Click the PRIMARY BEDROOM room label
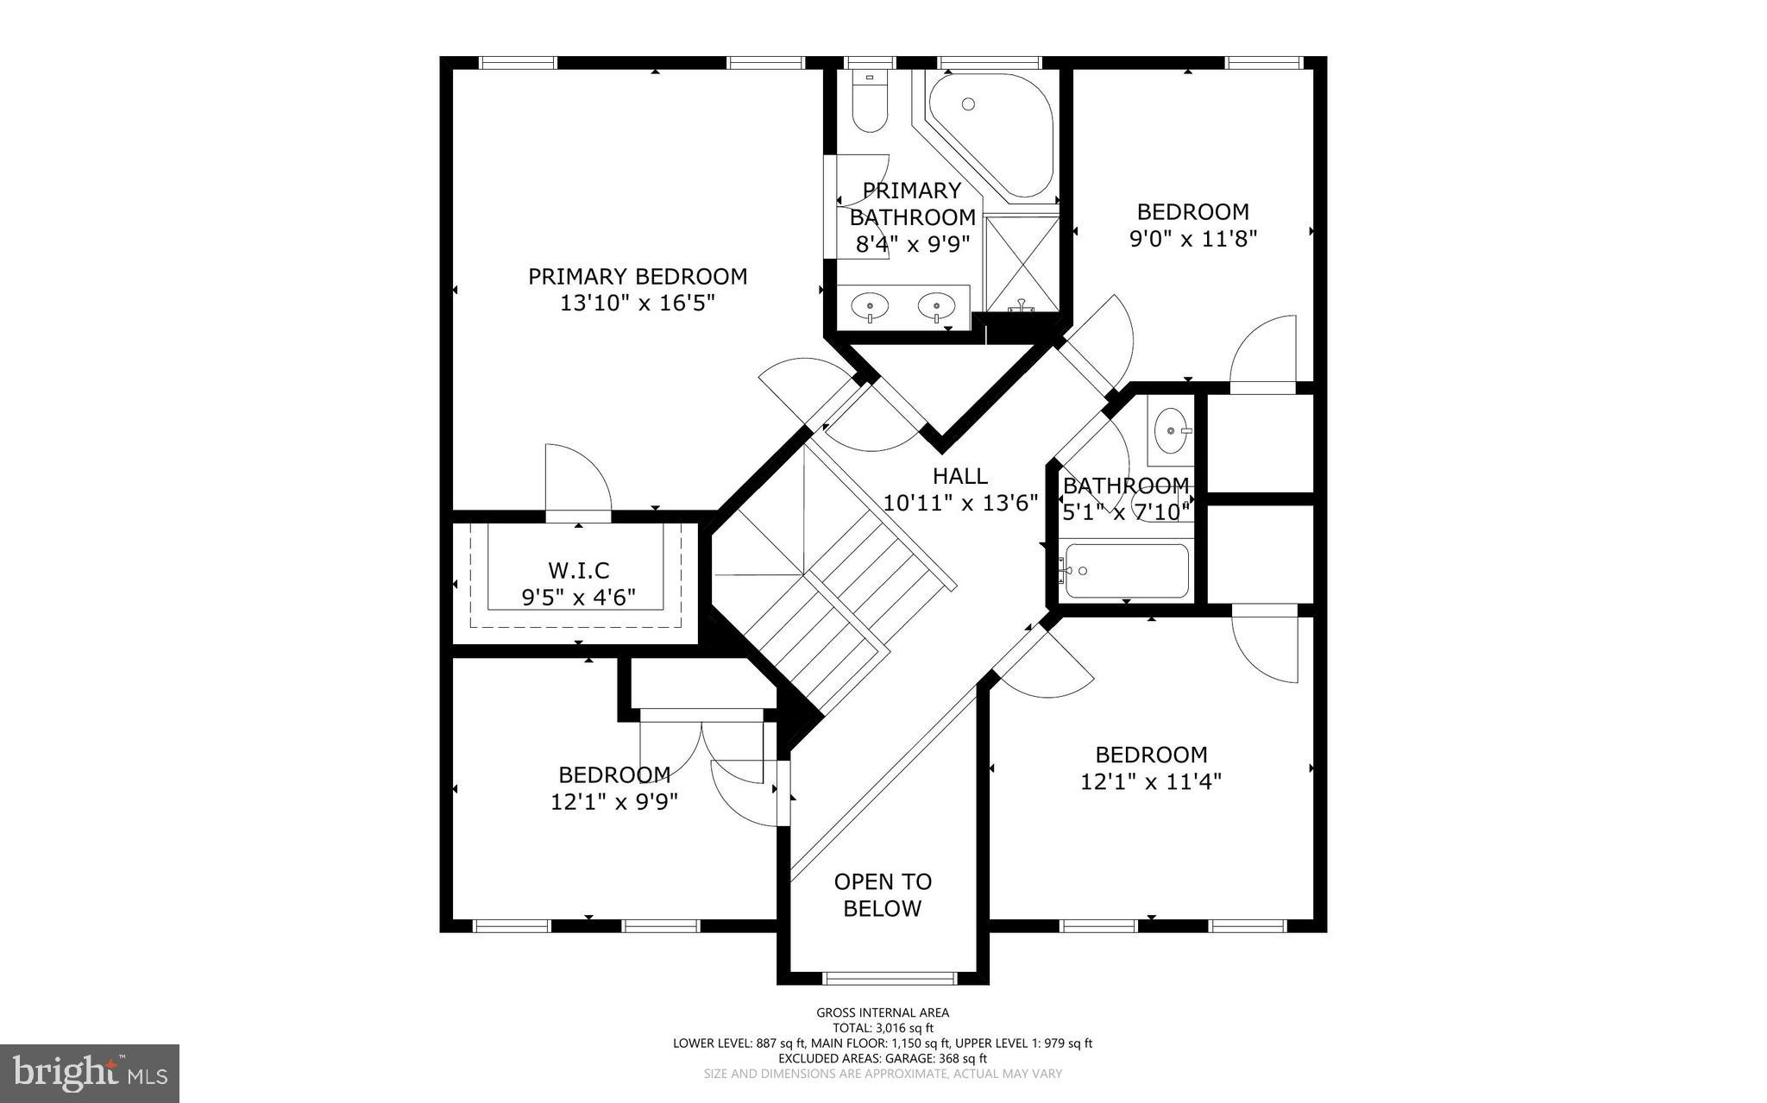point(638,277)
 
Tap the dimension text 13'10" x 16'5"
point(638,304)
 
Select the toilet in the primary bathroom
point(870,103)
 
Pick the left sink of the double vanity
point(870,305)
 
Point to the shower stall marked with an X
point(1022,264)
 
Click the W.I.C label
point(578,570)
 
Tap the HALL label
point(959,476)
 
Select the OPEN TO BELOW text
point(883,894)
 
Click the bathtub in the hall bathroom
point(1127,571)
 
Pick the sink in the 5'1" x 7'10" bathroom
point(1170,429)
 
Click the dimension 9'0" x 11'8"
point(1192,239)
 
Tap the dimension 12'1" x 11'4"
point(1151,782)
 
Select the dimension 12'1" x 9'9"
point(614,802)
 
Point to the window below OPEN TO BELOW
point(890,978)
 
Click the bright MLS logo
point(90,1073)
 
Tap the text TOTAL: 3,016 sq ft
point(883,1028)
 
